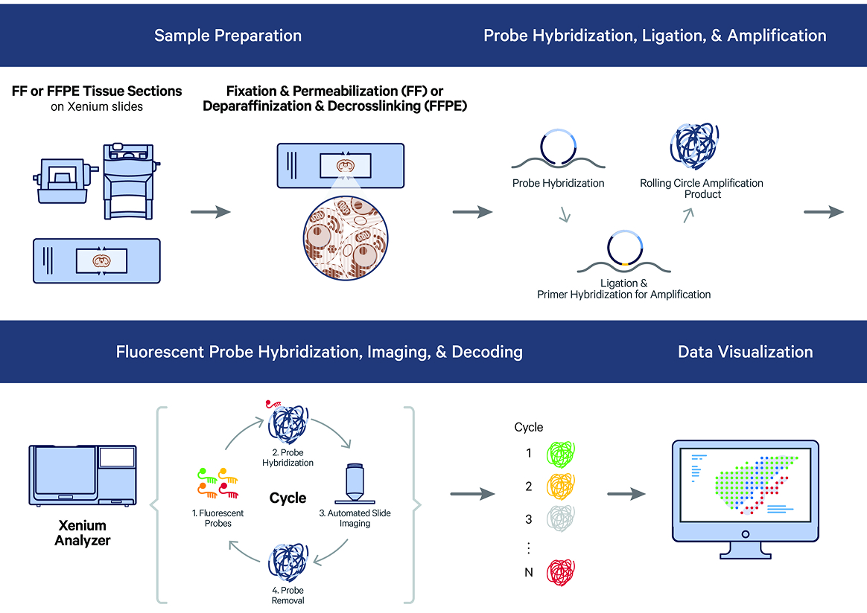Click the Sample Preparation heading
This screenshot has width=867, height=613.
click(228, 36)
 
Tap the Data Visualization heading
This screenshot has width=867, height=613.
click(745, 352)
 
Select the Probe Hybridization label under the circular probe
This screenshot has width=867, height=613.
click(558, 183)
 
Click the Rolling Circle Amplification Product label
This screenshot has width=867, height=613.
click(702, 188)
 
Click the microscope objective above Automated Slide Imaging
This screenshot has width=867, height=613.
click(355, 484)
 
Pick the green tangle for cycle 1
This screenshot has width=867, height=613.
click(561, 453)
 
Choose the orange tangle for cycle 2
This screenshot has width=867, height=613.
click(561, 487)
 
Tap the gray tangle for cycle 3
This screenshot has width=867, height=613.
click(561, 519)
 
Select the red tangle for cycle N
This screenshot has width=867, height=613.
click(561, 573)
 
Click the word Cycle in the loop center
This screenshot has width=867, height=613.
click(288, 498)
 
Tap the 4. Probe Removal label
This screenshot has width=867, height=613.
click(287, 595)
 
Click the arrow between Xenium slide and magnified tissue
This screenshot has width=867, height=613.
click(211, 213)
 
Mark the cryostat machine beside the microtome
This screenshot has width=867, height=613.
click(133, 179)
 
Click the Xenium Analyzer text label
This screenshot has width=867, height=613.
click(82, 533)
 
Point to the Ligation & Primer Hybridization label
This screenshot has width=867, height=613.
click(623, 289)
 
